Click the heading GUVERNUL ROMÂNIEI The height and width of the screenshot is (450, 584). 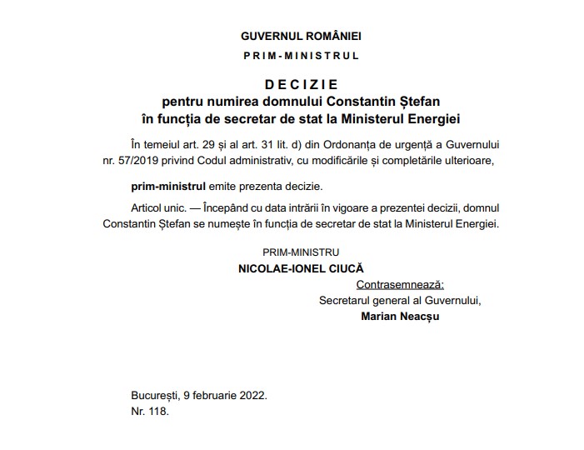coord(301,37)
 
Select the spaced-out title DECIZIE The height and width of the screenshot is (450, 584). coord(301,84)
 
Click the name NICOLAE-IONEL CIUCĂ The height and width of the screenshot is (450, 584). coord(301,269)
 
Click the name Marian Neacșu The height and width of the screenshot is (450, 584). coord(400,317)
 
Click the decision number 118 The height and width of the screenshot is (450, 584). coord(158,412)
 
